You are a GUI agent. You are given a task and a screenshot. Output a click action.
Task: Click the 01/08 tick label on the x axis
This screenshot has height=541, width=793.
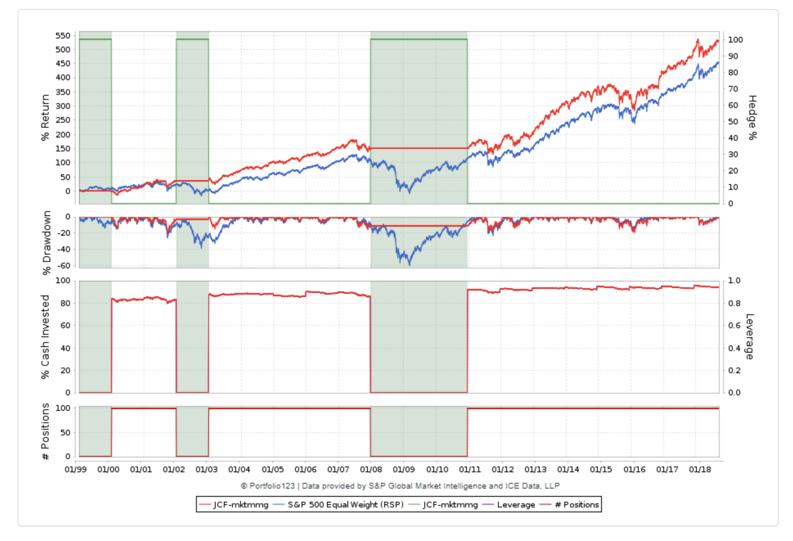371,469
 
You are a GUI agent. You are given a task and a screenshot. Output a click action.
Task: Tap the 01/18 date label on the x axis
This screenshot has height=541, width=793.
700,469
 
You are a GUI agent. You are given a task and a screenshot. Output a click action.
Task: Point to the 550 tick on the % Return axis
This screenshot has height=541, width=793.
63,36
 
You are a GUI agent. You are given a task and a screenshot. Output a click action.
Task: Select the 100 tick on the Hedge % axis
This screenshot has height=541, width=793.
735,40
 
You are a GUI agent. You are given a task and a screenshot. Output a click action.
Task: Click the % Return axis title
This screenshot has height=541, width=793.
45,117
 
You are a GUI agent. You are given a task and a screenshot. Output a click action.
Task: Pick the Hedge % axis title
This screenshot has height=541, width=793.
752,117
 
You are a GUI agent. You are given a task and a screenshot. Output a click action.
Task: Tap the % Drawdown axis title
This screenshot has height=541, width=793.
47,243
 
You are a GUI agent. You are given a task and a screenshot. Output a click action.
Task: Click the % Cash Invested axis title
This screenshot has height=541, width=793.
45,336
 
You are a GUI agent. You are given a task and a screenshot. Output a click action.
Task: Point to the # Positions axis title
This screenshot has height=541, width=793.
45,431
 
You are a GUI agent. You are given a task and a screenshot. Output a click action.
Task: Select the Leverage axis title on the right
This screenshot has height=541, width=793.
749,336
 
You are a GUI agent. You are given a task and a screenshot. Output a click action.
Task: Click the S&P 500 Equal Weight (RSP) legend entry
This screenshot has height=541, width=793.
345,505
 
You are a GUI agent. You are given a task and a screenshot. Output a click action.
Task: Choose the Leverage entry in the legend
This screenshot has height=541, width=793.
516,505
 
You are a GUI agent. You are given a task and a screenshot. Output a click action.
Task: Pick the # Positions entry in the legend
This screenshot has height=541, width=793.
576,505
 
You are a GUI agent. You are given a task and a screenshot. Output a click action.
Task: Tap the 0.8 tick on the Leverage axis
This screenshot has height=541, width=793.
734,303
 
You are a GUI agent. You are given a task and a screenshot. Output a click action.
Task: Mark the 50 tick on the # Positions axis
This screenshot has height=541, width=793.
65,433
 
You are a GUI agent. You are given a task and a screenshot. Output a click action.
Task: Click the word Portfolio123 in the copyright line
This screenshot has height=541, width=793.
272,486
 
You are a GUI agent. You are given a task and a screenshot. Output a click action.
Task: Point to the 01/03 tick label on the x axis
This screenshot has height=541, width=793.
207,469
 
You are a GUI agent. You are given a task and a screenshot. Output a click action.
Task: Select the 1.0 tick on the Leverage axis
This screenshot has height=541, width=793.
734,280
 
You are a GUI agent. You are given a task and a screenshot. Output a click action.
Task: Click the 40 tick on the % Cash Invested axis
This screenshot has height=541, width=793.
65,348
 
